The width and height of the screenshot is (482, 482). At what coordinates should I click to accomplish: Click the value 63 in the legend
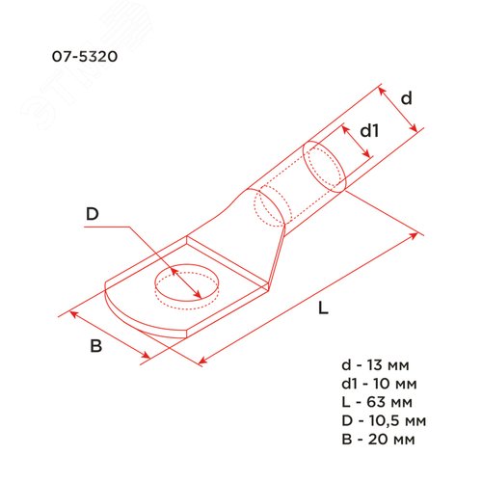pos(388,402)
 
